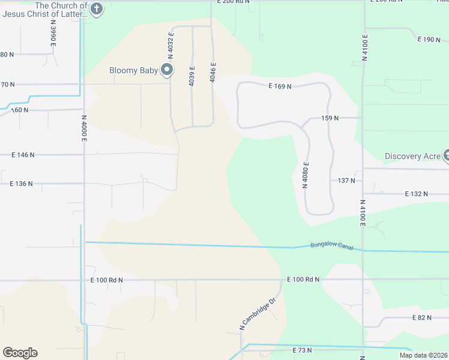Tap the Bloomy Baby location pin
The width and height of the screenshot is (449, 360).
coord(167,71)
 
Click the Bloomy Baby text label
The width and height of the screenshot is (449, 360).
coord(133,71)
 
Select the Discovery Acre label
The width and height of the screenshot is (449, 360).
coord(412,156)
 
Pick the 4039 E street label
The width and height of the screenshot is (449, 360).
coord(192,76)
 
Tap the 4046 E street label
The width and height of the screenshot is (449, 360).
coord(212,73)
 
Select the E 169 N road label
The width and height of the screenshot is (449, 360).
coord(280,86)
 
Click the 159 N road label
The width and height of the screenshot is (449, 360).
coord(330,118)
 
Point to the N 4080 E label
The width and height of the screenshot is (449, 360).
coord(306,175)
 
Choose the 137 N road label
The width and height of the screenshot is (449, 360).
coord(346,180)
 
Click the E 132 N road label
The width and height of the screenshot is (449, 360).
coord(417,194)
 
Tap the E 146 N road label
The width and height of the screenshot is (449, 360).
coord(23,155)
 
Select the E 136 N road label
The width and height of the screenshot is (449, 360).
coord(21,184)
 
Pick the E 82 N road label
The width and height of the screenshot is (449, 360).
coord(421,317)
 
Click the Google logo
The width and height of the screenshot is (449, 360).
coord(20,353)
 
